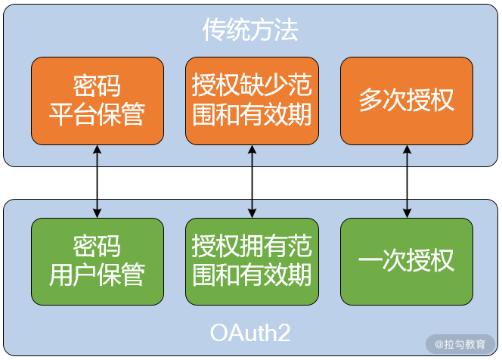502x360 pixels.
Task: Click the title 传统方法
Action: tap(250, 29)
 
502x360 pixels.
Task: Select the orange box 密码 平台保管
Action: tap(97, 101)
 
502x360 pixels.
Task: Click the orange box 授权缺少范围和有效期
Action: tap(252, 101)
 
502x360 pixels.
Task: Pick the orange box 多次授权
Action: tap(407, 101)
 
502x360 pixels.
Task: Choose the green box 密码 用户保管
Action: tap(97, 261)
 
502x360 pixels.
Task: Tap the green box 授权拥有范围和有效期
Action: tap(252, 261)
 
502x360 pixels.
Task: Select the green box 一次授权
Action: tap(407, 261)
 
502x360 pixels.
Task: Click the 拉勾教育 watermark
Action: tap(460, 344)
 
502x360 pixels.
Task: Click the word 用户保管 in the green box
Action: tap(97, 275)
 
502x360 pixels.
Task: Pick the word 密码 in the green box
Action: tap(97, 247)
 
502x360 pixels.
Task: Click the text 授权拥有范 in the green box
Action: tap(252, 247)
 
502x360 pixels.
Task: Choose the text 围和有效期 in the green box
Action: tap(252, 275)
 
